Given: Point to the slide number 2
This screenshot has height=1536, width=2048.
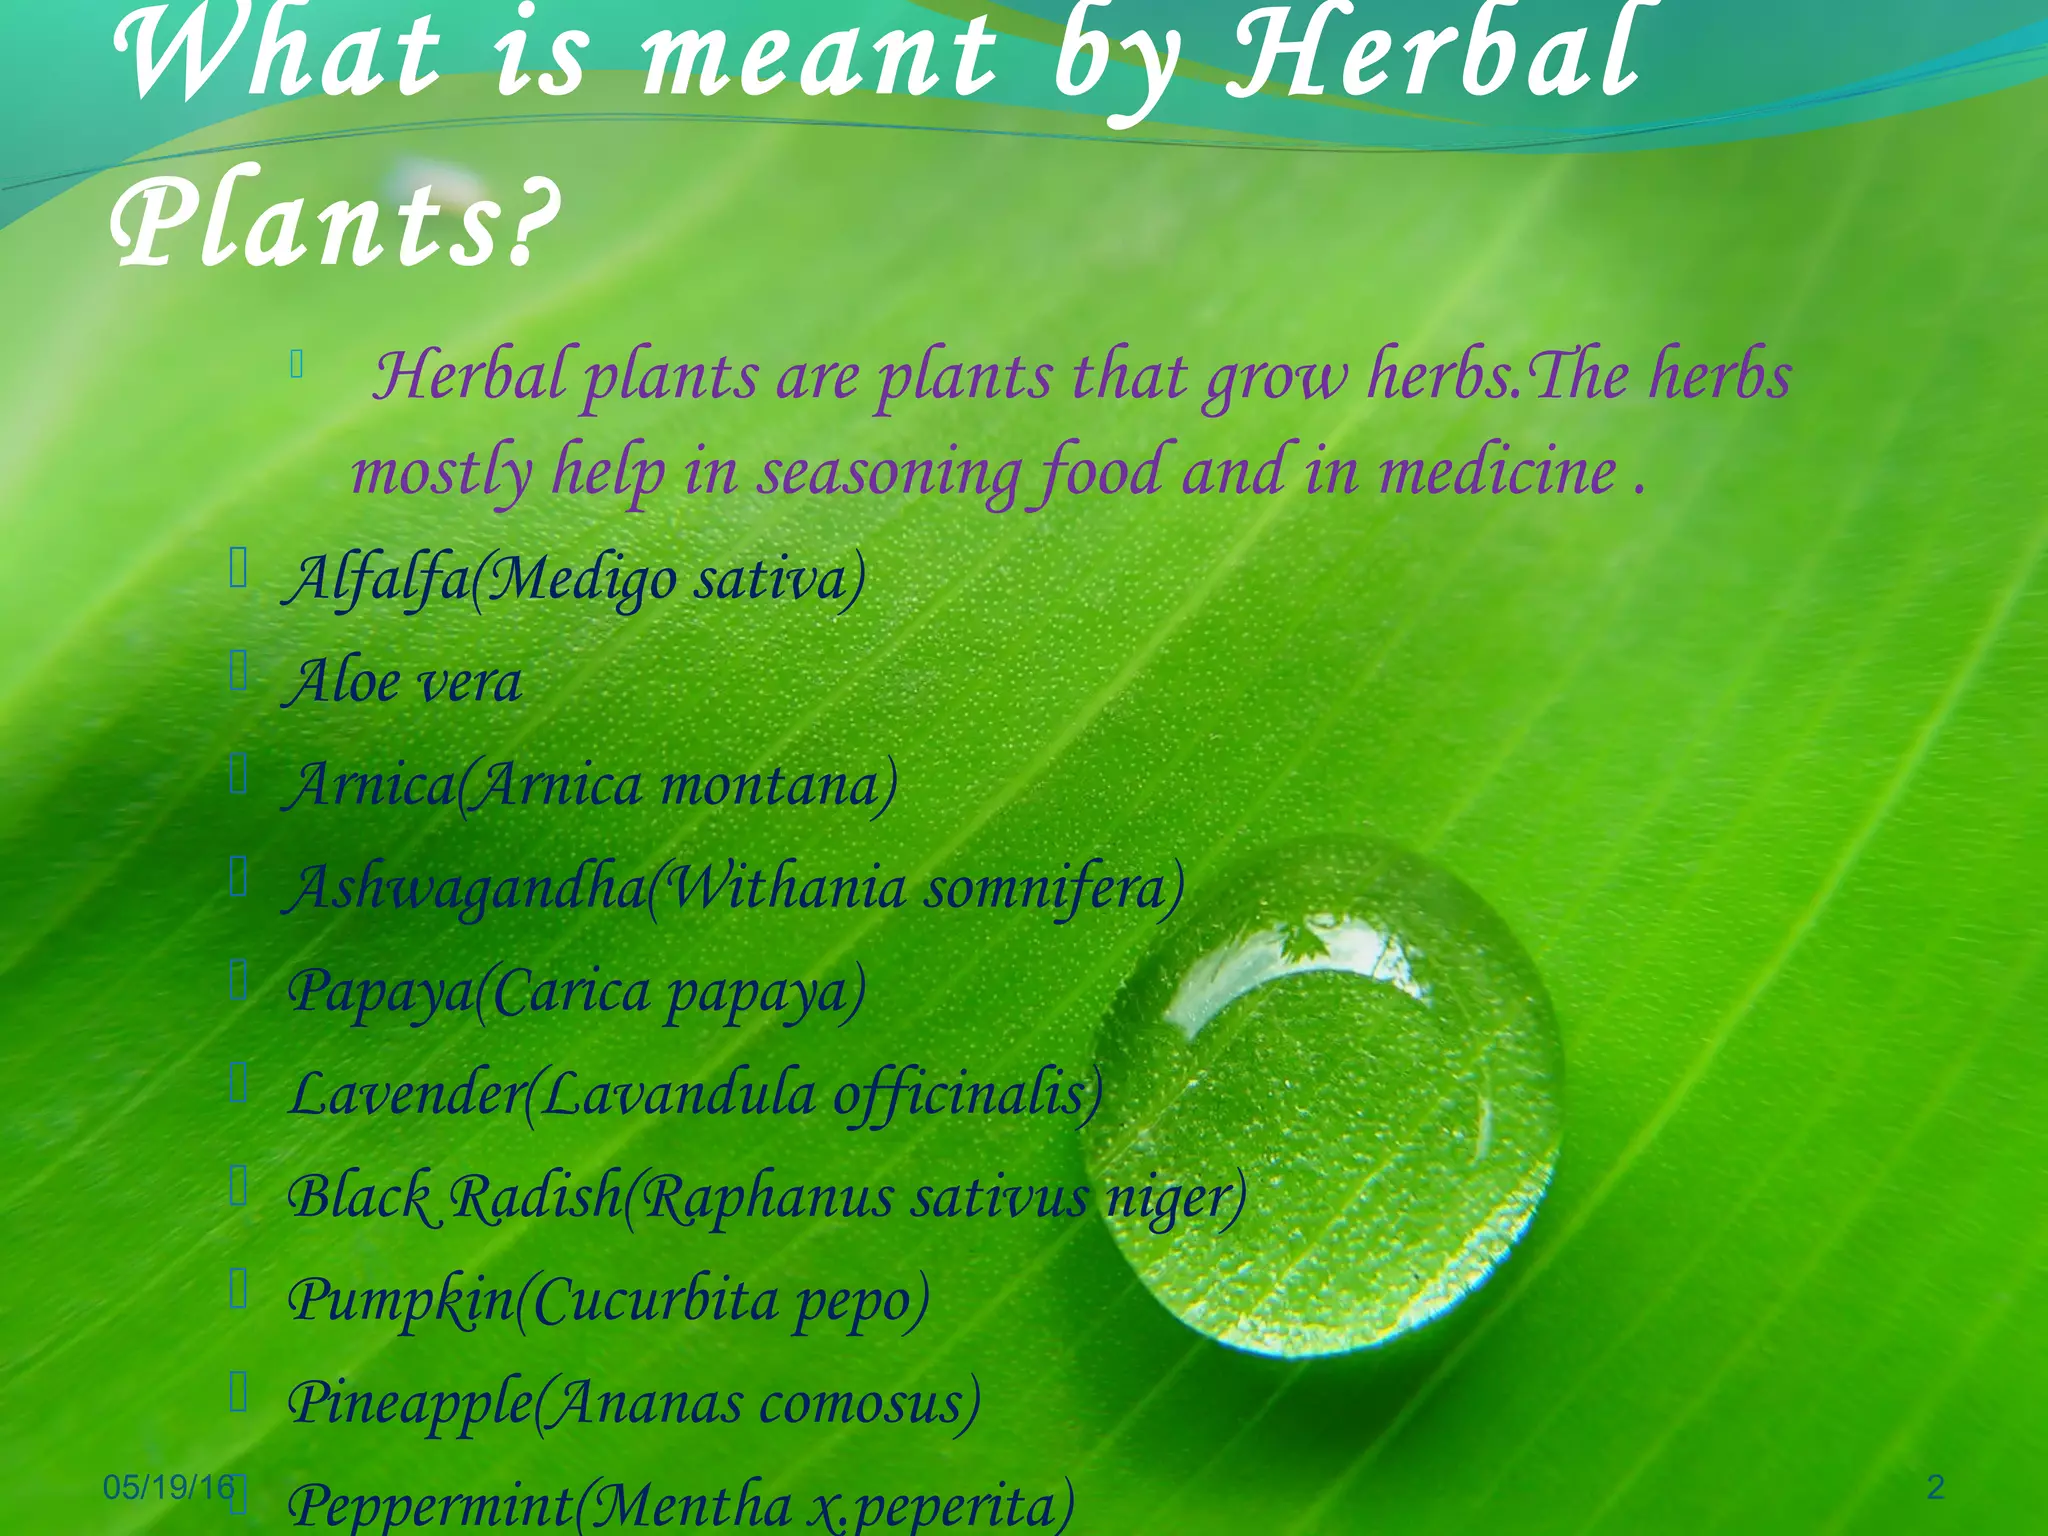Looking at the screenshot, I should [1935, 1487].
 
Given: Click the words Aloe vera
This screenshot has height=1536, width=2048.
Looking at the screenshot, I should [406, 683].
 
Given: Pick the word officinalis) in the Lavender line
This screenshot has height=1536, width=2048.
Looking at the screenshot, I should [968, 1094].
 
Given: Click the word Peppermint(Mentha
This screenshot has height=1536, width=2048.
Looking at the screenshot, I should [540, 1505].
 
